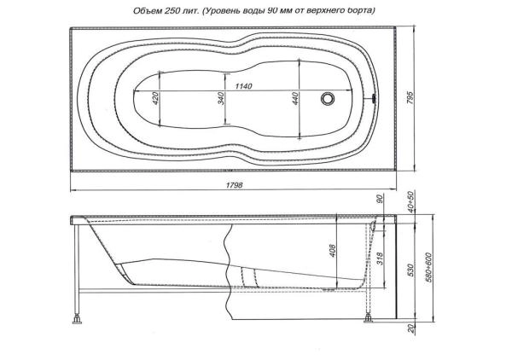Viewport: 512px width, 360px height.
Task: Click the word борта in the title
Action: [381, 9]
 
